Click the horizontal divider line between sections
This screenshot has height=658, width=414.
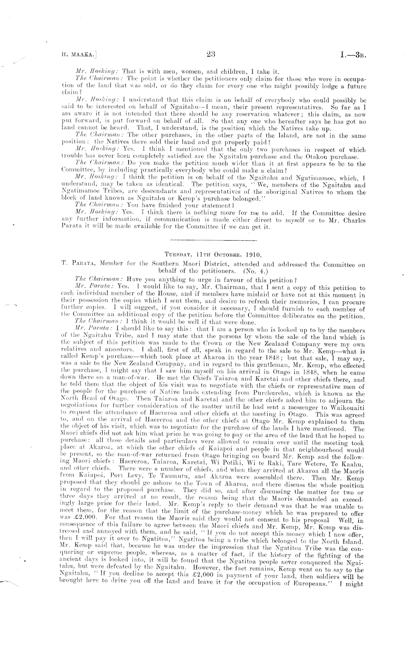214,240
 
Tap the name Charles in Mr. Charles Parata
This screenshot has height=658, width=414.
353,220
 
